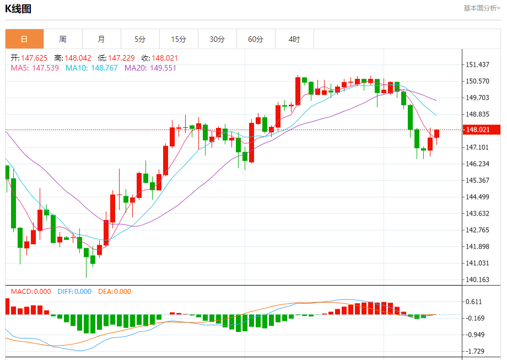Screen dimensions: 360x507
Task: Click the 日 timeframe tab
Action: coord(24,39)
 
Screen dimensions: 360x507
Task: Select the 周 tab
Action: coord(63,39)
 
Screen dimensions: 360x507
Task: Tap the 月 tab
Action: coord(101,39)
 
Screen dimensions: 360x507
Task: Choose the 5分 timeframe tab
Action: coord(140,39)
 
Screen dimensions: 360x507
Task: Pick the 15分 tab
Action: coord(179,39)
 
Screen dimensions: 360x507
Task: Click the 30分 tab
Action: coord(217,39)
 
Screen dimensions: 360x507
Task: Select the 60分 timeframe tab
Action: coord(256,39)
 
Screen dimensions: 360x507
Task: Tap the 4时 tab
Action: coord(294,39)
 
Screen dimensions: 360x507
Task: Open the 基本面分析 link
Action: coord(481,8)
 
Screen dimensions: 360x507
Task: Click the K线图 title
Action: coord(18,9)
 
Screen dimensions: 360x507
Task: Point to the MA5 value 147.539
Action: coord(46,68)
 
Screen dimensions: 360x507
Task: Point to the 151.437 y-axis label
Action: coord(478,65)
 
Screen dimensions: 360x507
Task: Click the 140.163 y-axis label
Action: coord(478,280)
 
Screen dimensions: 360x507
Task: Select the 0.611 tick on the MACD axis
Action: coord(474,302)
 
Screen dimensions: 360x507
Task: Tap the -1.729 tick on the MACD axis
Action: coord(475,351)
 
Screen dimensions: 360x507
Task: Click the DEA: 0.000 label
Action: coord(115,292)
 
